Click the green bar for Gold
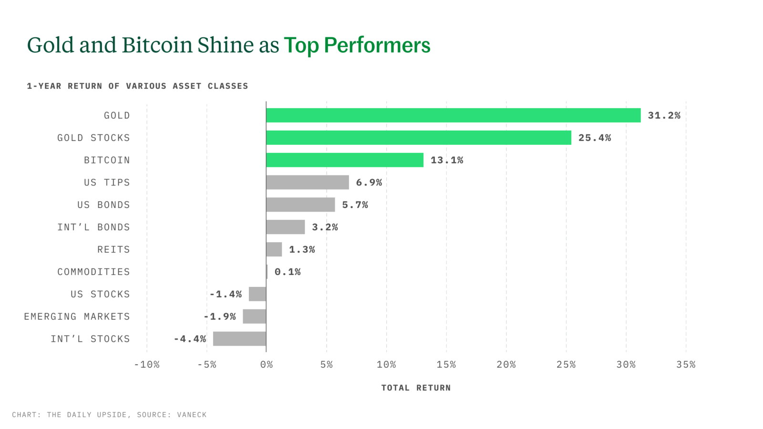point(453,115)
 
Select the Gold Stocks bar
point(418,138)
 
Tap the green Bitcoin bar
point(344,160)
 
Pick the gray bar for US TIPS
point(307,183)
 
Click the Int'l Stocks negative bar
point(239,339)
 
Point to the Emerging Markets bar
point(254,317)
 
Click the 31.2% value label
point(664,115)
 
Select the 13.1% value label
point(447,160)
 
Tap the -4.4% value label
point(190,339)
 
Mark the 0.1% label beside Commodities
point(288,272)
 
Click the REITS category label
point(113,249)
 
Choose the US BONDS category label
point(103,205)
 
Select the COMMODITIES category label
point(93,272)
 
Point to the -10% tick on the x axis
point(147,365)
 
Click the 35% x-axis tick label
point(686,365)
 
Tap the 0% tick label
point(267,365)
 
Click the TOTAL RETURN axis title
point(416,388)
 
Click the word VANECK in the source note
point(192,415)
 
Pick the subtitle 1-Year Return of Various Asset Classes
point(137,86)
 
